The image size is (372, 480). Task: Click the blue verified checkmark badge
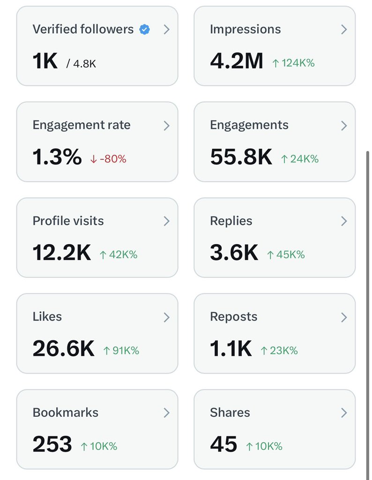145,30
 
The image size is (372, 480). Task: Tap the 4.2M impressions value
237,61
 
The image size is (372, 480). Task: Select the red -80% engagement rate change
108,159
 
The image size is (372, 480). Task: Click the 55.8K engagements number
241,157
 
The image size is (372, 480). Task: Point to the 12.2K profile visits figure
61,253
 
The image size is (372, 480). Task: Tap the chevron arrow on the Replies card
344,221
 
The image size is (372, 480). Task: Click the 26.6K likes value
63,349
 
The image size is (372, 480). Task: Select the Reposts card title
233,317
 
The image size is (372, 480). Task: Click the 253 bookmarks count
52,445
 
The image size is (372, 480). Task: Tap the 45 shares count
223,445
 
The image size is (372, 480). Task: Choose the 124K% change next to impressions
293,63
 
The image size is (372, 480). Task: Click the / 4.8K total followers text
81,63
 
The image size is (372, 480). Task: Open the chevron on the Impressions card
344,30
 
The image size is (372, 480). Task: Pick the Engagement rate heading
82,125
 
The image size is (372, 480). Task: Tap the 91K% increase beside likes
121,350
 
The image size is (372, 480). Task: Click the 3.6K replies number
234,253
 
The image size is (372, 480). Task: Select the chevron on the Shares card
344,412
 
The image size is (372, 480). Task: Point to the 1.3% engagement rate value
57,157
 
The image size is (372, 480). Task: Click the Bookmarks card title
66,412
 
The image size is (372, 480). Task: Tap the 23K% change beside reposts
279,350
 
